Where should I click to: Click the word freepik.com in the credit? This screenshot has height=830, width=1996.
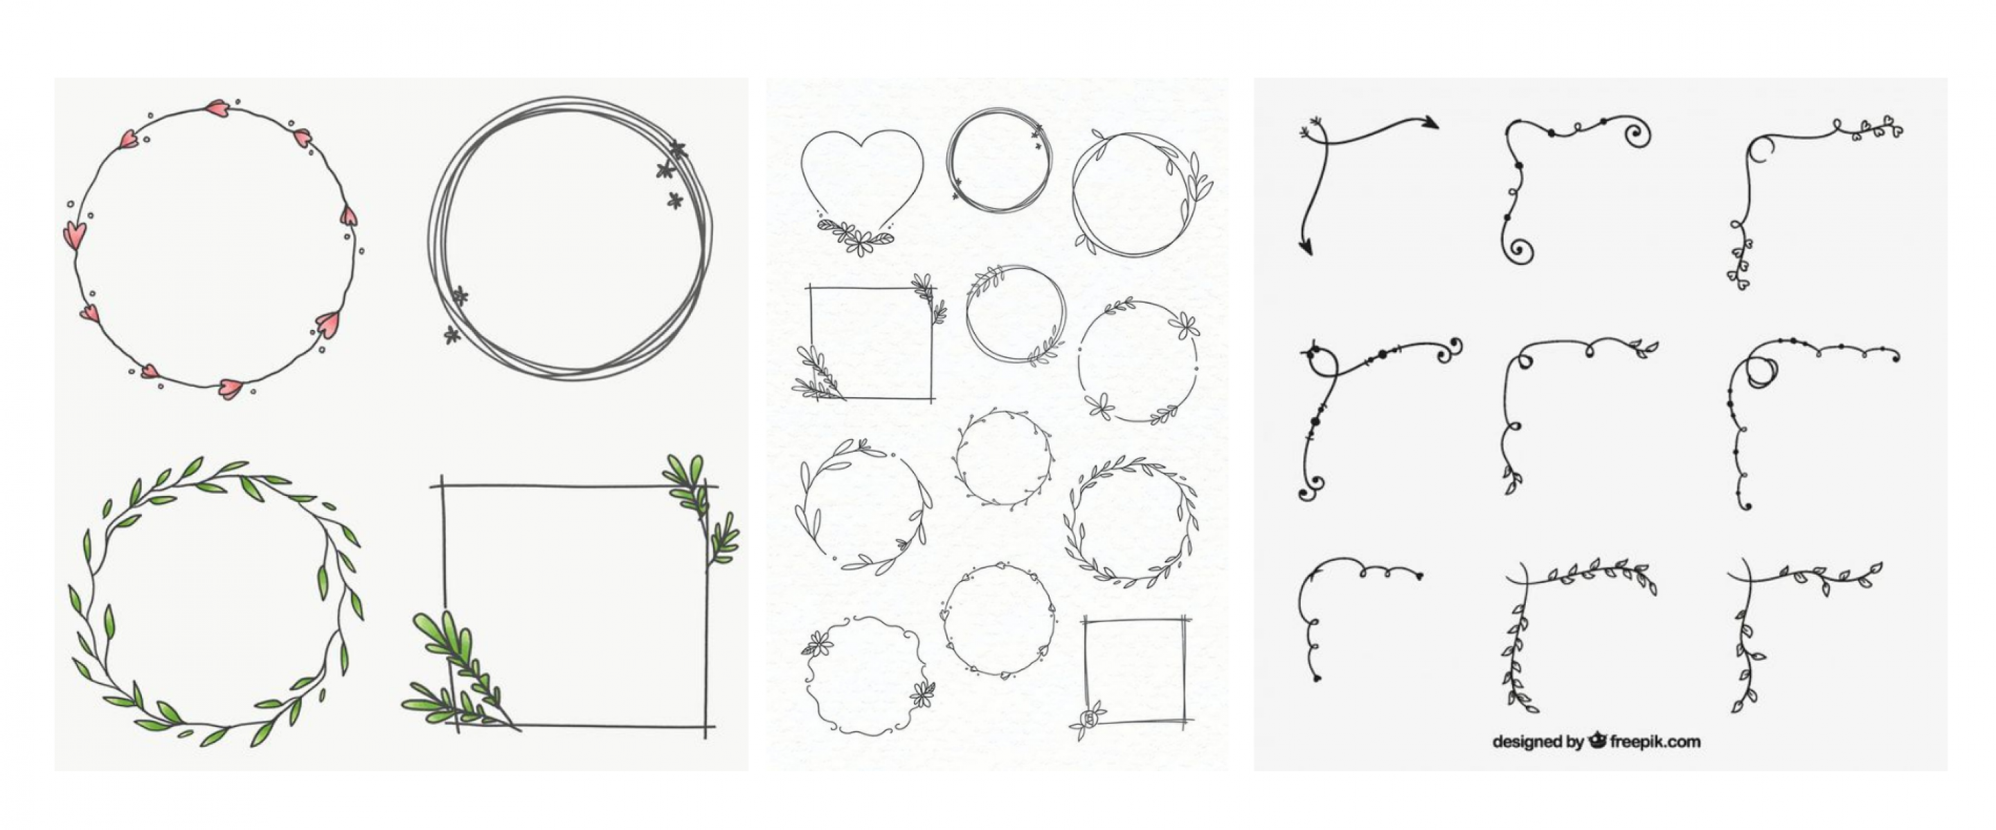1655,741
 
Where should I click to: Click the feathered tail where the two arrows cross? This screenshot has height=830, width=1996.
1313,128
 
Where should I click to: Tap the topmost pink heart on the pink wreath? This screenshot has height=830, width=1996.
217,109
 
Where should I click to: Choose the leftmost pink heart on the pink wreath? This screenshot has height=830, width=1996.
74,234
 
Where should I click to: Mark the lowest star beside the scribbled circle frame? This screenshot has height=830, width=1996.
451,335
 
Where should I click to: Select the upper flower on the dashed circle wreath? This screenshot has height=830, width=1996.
1184,325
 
